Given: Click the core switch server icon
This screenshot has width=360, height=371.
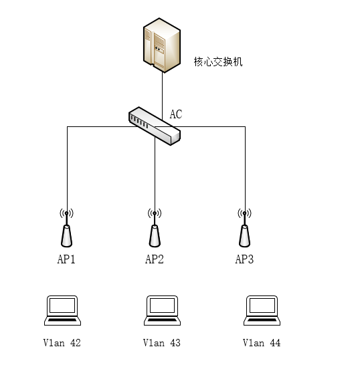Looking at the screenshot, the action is tap(162, 45).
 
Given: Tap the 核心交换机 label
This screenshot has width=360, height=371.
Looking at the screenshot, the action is tap(218, 61).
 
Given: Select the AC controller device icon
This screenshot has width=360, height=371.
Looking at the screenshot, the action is tap(155, 126).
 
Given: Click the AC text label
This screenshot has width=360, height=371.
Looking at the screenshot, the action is tap(176, 114).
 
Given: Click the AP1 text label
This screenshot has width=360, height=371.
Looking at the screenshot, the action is tap(66, 259).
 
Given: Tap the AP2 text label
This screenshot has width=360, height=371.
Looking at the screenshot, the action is tap(155, 259).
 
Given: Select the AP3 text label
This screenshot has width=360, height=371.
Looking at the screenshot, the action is tap(244, 259).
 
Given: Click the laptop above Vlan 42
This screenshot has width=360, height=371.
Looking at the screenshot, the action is tap(62, 310).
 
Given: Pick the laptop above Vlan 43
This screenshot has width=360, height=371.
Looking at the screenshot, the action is tap(162, 310).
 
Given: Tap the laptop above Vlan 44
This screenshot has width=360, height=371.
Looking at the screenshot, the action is tap(262, 310).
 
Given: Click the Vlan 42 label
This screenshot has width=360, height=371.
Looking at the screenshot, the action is tap(62, 343).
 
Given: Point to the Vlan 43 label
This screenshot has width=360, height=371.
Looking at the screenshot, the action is tap(162, 343).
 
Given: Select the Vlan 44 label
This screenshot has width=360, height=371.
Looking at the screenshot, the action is tap(262, 343).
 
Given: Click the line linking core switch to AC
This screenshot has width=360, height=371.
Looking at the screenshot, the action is tap(162, 96).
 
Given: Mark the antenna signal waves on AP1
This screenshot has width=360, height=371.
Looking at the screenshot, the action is tap(66, 213).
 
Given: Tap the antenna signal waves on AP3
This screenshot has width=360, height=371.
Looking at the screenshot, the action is tap(244, 213).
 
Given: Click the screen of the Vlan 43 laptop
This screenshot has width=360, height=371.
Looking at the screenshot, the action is tap(162, 305).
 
